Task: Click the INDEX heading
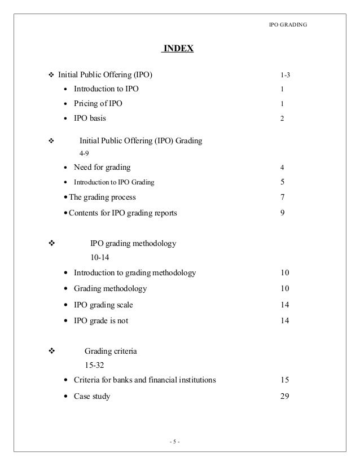click(178, 49)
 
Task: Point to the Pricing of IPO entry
click(98, 104)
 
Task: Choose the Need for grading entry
click(102, 167)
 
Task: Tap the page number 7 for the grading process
click(283, 197)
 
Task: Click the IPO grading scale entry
click(103, 305)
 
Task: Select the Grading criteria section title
click(111, 351)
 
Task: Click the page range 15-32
click(94, 364)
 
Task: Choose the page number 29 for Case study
click(284, 396)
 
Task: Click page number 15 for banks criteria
click(284, 380)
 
